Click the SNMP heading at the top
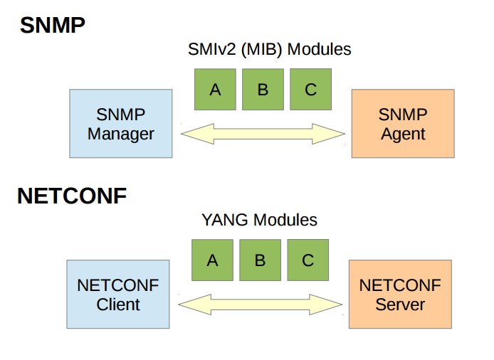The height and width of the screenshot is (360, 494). [x=52, y=26]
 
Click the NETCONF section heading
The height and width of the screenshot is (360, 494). [x=71, y=196]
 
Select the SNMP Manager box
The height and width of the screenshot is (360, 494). [x=121, y=123]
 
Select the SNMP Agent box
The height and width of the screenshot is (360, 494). [x=403, y=123]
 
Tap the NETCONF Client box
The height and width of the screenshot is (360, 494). [x=118, y=295]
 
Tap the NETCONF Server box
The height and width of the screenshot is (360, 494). [x=400, y=295]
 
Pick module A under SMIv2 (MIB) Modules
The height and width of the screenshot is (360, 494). [x=215, y=89]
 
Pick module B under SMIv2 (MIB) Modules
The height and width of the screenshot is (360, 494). [x=263, y=89]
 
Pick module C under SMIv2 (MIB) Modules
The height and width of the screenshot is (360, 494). [x=310, y=89]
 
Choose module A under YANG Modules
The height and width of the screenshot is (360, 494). [x=212, y=260]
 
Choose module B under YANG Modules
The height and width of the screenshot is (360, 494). [x=260, y=260]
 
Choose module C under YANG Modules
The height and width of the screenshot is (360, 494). [x=308, y=260]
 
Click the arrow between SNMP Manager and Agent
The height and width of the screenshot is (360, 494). [x=263, y=133]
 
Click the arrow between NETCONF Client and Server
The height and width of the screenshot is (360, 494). [x=260, y=305]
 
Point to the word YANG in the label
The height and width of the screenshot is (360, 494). [x=224, y=221]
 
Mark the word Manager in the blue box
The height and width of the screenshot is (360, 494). [x=121, y=133]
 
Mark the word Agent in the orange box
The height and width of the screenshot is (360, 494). [x=403, y=133]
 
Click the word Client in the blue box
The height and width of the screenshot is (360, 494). [x=118, y=305]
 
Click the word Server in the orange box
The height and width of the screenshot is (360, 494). [x=400, y=305]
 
